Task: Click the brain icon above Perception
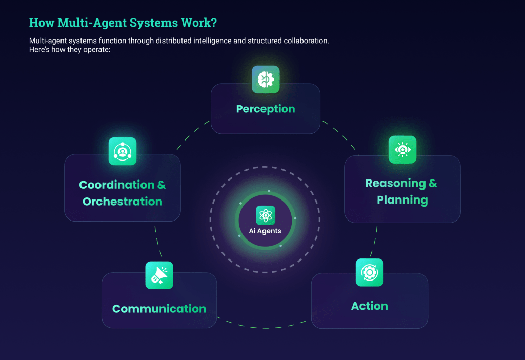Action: tap(266, 79)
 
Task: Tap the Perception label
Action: tap(266, 109)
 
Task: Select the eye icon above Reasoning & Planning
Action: tap(402, 150)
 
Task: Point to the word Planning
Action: tap(402, 199)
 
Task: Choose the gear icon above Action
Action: tap(370, 272)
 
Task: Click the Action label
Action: tap(370, 306)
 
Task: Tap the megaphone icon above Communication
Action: tap(159, 275)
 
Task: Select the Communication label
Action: tap(159, 309)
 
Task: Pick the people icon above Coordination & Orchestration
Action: tap(123, 151)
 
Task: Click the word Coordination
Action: tap(116, 185)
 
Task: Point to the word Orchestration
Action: tap(123, 202)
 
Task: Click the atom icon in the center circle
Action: tap(266, 215)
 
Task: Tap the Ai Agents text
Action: tap(266, 231)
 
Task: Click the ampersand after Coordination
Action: tap(161, 185)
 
